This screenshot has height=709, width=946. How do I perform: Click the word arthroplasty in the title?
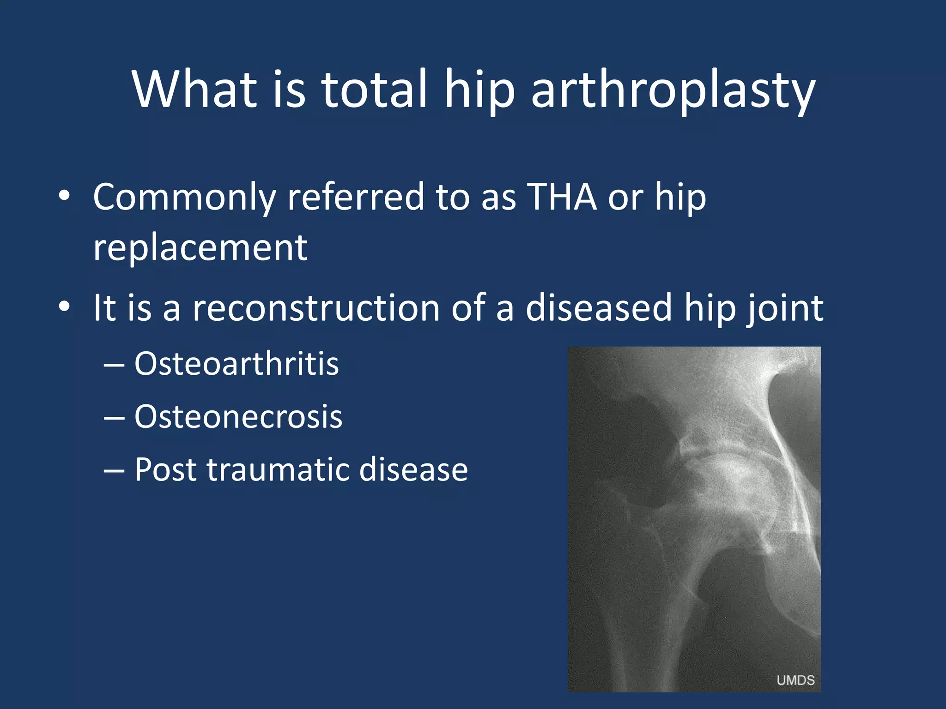(x=673, y=90)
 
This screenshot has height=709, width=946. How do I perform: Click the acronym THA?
(x=562, y=197)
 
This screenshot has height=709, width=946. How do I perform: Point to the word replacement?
(x=200, y=248)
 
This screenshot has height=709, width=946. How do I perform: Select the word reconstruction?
(x=316, y=308)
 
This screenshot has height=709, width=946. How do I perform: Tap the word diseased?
(x=599, y=308)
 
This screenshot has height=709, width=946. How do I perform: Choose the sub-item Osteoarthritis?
(x=236, y=364)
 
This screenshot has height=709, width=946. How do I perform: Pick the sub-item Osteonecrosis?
(x=238, y=417)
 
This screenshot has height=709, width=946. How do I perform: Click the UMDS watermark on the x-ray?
(x=795, y=680)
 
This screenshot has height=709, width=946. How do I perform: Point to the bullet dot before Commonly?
(x=64, y=196)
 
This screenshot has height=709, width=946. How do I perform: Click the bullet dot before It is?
(x=64, y=306)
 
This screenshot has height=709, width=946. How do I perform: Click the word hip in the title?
(x=479, y=90)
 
